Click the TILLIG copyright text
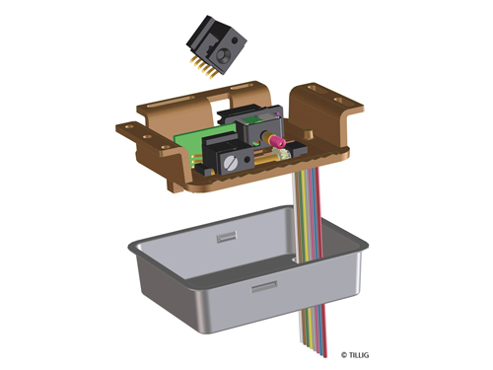pos(355,355)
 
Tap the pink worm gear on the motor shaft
pos(277,142)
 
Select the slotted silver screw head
pos(230,164)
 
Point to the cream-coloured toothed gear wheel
pos(280,154)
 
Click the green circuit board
pos(197,138)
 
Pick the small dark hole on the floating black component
pos(236,40)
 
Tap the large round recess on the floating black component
pos(224,54)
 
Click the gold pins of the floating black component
pos(202,68)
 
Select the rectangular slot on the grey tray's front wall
pos(264,287)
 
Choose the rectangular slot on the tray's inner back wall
pos(227,237)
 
